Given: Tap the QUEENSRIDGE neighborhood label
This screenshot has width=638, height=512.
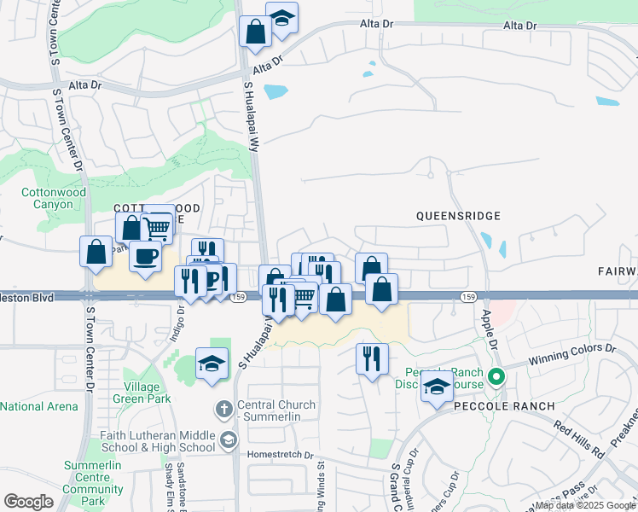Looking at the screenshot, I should tap(458, 217).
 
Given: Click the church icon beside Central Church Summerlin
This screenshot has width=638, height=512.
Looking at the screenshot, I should tap(224, 409).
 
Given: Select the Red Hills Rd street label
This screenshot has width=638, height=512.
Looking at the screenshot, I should tap(578, 438).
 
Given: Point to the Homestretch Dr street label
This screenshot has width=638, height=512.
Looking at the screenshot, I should tap(281, 455).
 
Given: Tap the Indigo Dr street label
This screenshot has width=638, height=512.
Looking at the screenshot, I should tap(177, 324).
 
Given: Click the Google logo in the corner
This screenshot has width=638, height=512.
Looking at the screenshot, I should tap(28, 502).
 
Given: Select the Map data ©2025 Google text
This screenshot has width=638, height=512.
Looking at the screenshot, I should tap(586, 505).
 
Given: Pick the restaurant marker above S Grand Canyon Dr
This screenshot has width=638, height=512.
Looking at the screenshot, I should tap(371, 358).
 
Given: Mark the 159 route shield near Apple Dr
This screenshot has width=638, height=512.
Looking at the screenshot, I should tap(467, 296).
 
